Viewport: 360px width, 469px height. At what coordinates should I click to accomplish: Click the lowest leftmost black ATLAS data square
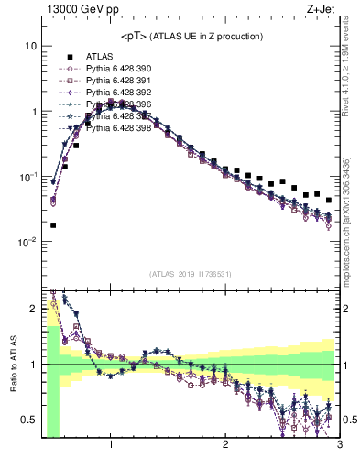[53, 224]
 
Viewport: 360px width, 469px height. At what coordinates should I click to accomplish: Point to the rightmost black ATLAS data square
[328, 199]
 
